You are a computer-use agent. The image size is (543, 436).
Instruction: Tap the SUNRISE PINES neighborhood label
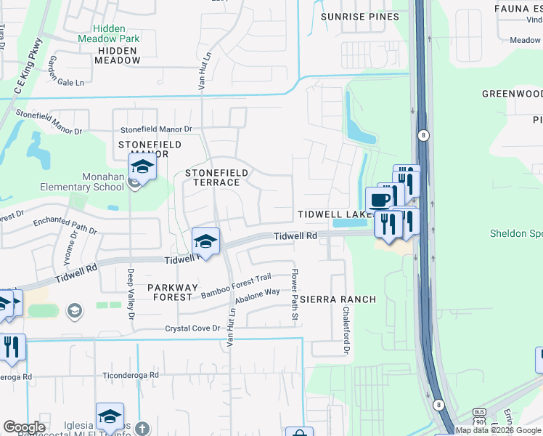click(x=360, y=17)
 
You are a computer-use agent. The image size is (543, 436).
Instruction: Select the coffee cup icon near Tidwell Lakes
click(x=379, y=199)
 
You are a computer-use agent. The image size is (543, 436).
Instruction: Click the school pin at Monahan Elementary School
click(x=142, y=167)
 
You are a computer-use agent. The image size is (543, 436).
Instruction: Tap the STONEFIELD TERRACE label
click(x=216, y=177)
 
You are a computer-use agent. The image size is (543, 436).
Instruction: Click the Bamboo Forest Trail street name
click(x=236, y=284)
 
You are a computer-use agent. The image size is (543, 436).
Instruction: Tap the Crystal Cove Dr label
click(x=192, y=328)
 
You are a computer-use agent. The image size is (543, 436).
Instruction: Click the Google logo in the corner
click(x=25, y=427)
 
